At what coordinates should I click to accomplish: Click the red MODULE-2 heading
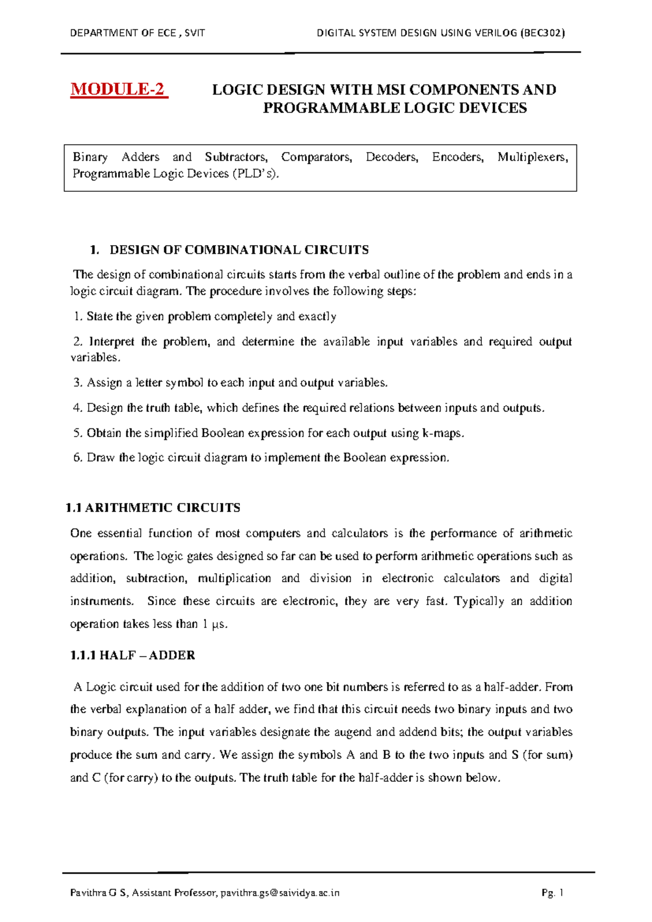119,89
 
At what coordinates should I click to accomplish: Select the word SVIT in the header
195,33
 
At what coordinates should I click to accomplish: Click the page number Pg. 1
553,893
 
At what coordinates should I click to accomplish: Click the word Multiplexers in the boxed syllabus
532,158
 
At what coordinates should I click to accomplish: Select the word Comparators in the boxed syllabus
316,158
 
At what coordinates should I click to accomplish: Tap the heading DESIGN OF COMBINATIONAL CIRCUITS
239,250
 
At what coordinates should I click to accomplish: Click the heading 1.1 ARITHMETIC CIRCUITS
153,508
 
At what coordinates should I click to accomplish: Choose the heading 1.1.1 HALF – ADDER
133,655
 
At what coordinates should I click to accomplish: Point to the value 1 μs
215,624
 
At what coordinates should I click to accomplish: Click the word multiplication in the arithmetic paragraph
235,578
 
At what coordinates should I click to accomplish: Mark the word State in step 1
99,316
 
